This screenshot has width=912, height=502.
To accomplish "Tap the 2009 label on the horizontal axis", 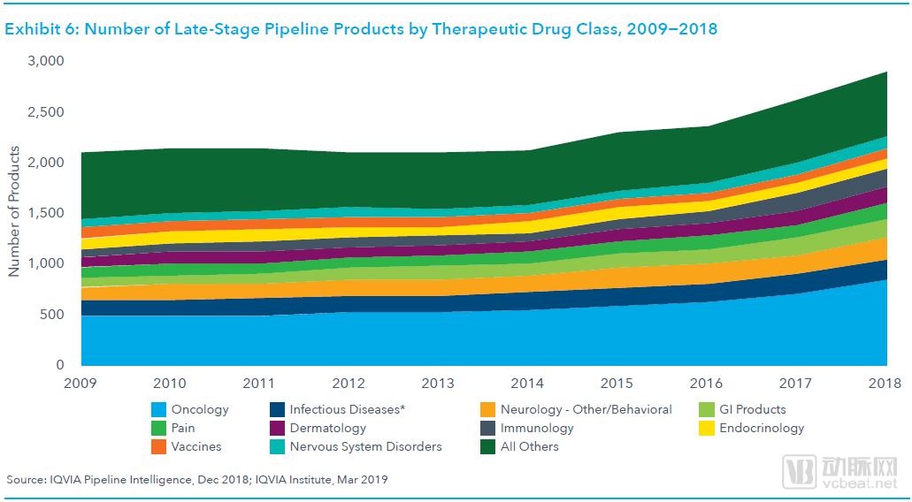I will point(80,384).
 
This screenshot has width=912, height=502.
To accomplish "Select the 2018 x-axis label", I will point(884,384).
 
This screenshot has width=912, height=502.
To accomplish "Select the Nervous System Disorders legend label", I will point(365,447).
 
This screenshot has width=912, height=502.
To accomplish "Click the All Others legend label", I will point(530,447).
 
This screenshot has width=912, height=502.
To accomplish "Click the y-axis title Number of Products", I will point(14,213).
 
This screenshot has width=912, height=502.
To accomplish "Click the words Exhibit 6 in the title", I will point(38,29).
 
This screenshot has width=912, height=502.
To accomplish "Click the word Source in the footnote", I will point(27,480).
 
